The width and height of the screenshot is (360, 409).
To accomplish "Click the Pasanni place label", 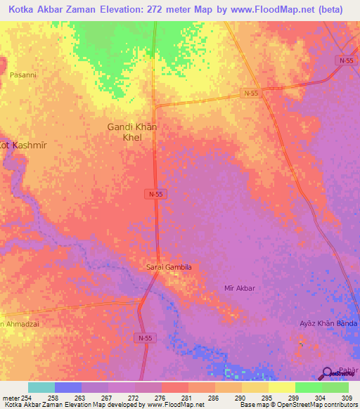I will tap(22, 74).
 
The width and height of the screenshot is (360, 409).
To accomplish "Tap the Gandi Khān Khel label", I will tap(132, 132).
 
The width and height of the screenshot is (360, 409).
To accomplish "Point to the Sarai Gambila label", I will tap(168, 267).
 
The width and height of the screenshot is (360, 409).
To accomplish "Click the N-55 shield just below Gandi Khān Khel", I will tap(156, 193).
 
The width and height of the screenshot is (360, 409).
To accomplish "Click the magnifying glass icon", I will tap(327, 375).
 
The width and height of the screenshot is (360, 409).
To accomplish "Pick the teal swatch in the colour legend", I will tap(41, 387).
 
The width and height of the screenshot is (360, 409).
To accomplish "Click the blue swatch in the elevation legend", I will tap(67, 387).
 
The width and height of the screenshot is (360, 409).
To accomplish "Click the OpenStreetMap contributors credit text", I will tap(316, 405).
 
